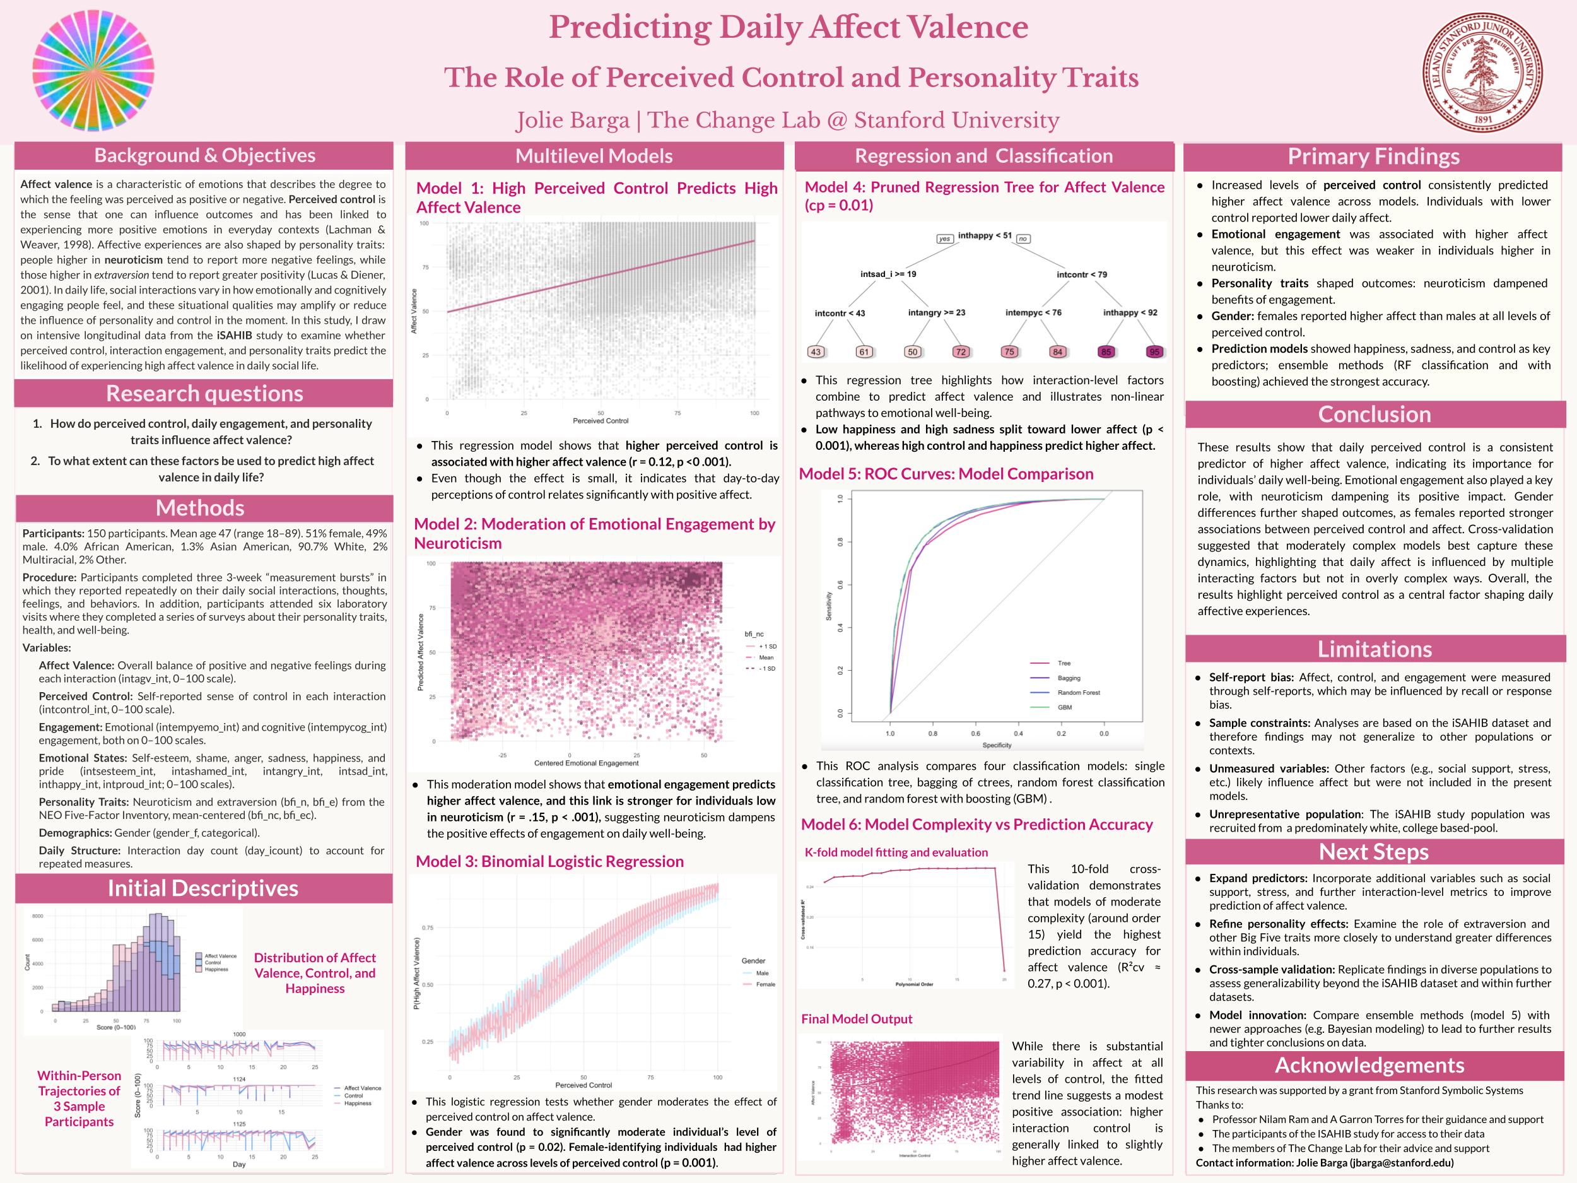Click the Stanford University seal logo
point(1482,72)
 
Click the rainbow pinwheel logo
point(93,71)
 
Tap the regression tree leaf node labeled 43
point(816,351)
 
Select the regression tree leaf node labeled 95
point(1154,351)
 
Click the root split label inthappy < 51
point(985,235)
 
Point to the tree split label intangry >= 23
point(936,312)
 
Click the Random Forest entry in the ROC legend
point(1078,692)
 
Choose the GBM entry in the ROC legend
point(1064,707)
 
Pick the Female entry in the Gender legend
point(765,984)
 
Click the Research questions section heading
point(204,394)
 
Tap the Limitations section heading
point(1374,649)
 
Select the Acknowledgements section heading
point(1369,1066)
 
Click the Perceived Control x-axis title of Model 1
point(601,421)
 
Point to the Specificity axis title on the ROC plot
point(997,745)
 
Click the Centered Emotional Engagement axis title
point(586,763)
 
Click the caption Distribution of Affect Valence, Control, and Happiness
point(314,973)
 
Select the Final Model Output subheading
point(856,1019)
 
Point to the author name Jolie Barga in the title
point(573,121)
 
